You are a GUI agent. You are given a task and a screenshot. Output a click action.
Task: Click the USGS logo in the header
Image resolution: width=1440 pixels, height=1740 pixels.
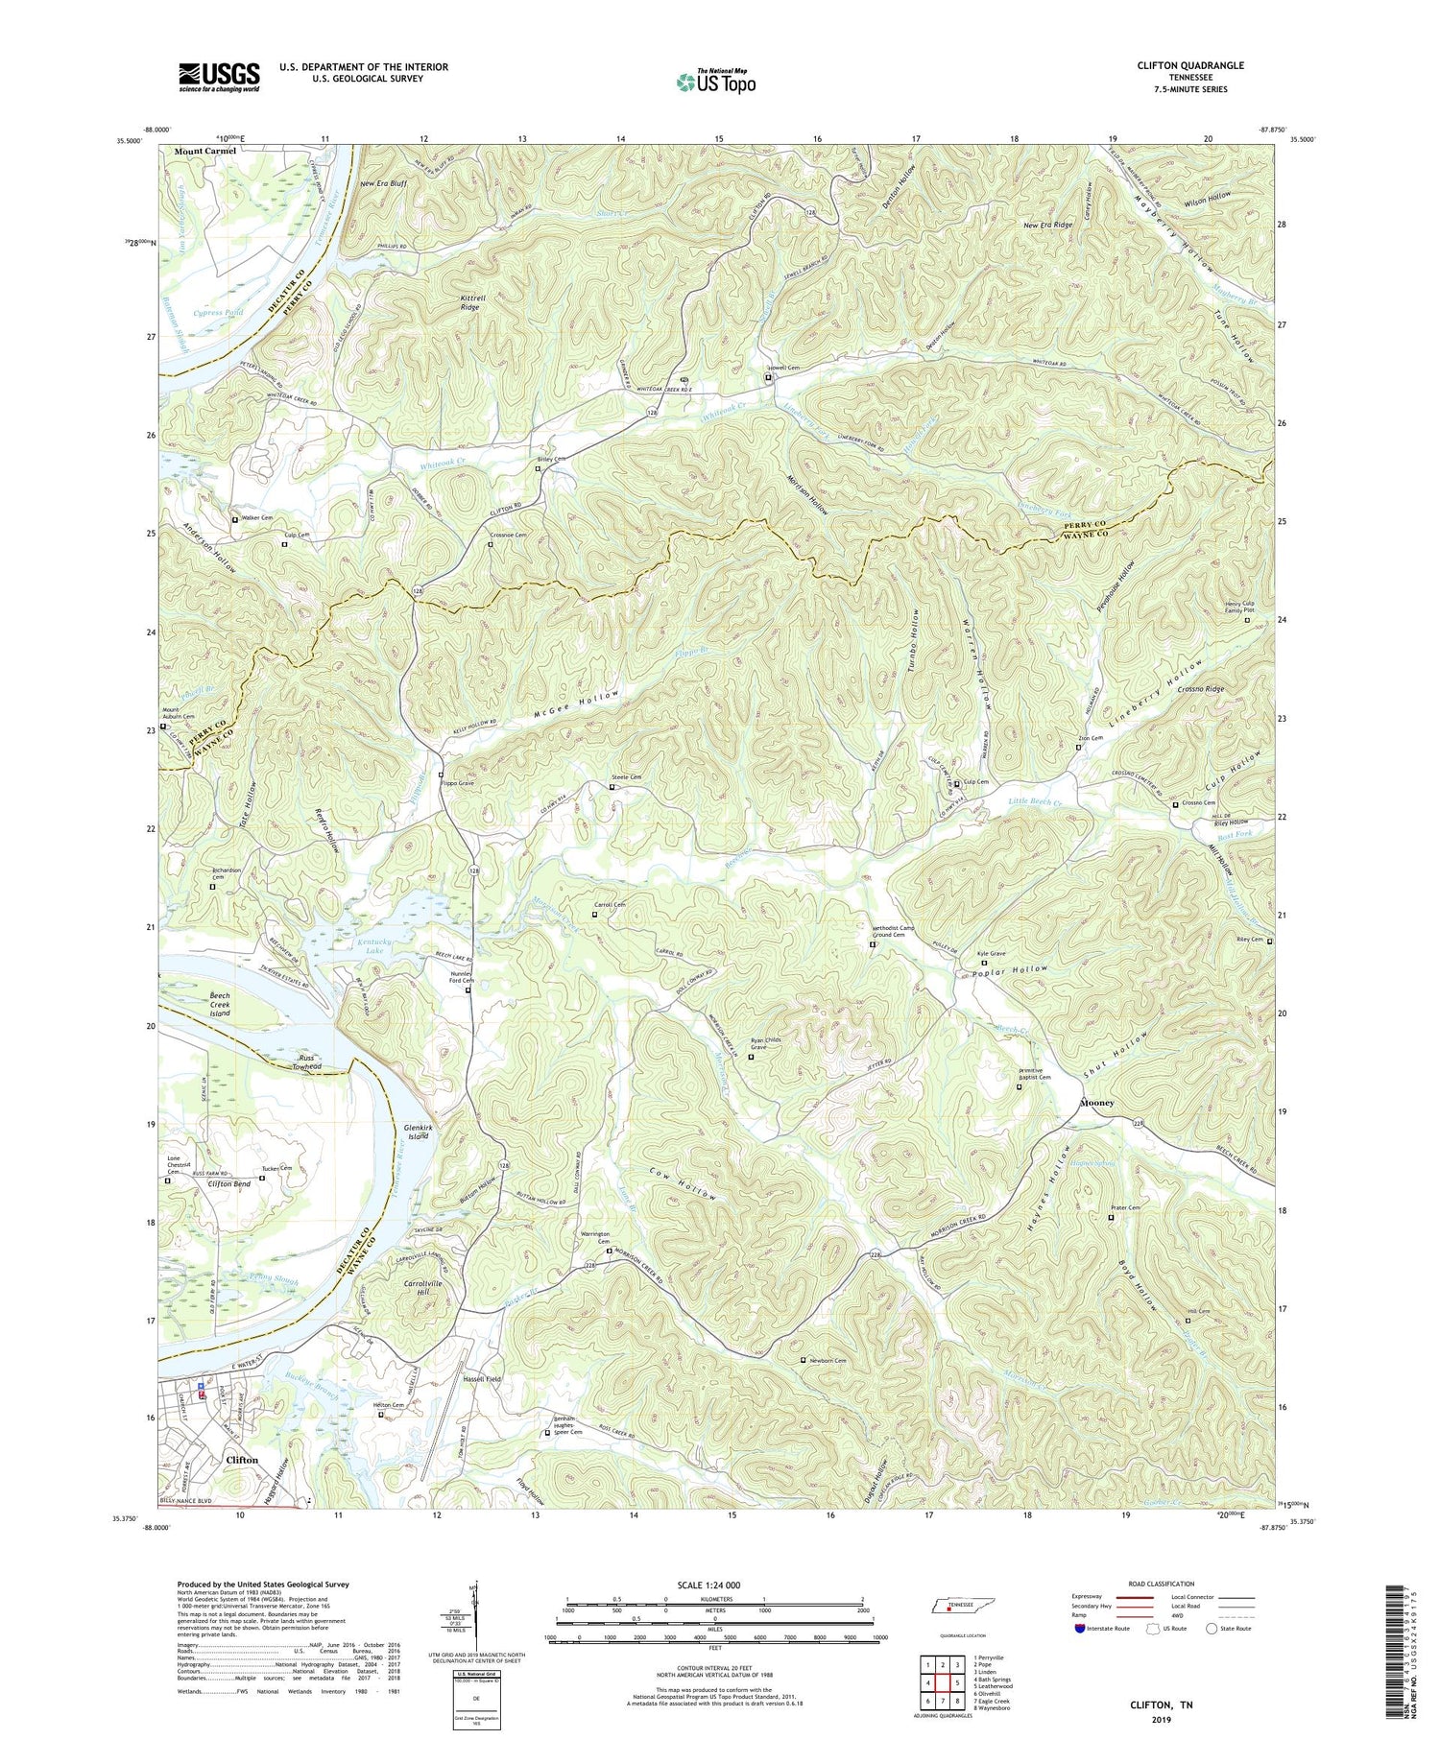(219, 77)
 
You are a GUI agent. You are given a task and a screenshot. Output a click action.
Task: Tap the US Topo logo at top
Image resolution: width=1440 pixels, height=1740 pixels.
(715, 82)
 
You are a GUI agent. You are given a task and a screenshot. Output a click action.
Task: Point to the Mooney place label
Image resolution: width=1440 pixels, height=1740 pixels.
(1097, 1103)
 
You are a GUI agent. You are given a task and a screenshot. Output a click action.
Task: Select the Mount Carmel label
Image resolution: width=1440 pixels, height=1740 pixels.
(204, 152)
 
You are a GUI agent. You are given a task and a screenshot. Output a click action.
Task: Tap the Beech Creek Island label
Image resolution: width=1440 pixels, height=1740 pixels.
(221, 1005)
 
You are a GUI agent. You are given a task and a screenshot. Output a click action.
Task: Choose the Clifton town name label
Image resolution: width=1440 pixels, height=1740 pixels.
(241, 1460)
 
